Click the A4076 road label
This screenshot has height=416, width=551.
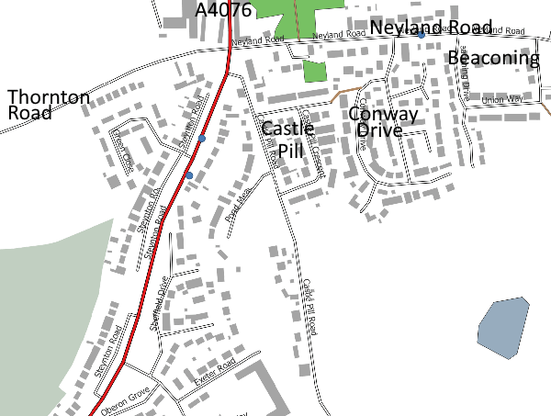(x=225, y=10)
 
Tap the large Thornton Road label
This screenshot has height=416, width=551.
(x=49, y=105)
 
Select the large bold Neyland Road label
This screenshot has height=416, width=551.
(x=431, y=27)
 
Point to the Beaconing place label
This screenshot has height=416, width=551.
(x=493, y=59)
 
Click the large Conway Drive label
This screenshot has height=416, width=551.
(x=383, y=121)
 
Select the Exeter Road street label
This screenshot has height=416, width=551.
(x=214, y=372)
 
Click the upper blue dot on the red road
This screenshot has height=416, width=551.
(x=202, y=139)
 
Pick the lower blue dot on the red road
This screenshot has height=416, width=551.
(x=189, y=174)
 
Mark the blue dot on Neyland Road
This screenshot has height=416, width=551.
(x=422, y=34)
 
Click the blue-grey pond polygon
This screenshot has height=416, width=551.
(x=503, y=327)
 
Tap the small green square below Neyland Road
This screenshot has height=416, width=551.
(x=315, y=72)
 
